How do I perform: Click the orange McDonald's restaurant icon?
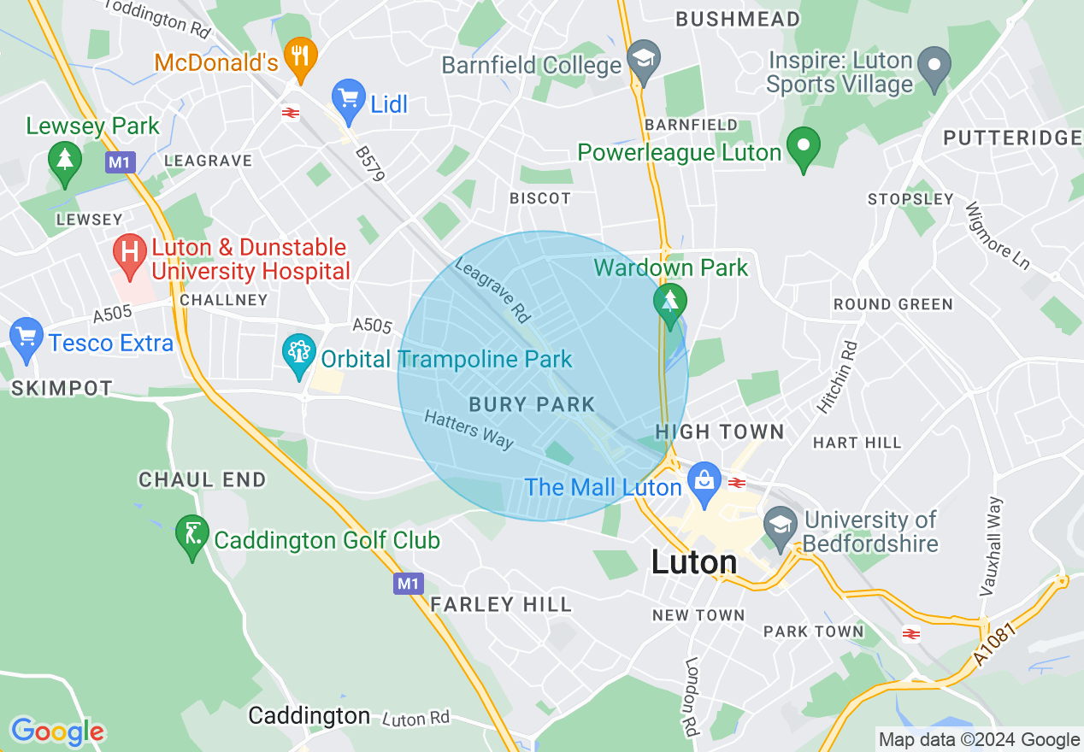(299, 56)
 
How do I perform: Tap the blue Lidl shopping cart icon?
(349, 98)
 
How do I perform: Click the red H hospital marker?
(130, 254)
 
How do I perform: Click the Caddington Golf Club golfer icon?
(192, 535)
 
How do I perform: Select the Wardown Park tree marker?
(669, 302)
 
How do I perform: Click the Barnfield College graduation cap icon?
(643, 60)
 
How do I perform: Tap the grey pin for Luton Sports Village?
(934, 67)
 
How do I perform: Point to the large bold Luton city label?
(694, 561)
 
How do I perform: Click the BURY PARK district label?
(532, 404)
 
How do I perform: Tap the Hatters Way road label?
(469, 429)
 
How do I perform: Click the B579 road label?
(371, 162)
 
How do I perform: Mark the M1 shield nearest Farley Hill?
(409, 584)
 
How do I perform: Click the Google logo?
(57, 731)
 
